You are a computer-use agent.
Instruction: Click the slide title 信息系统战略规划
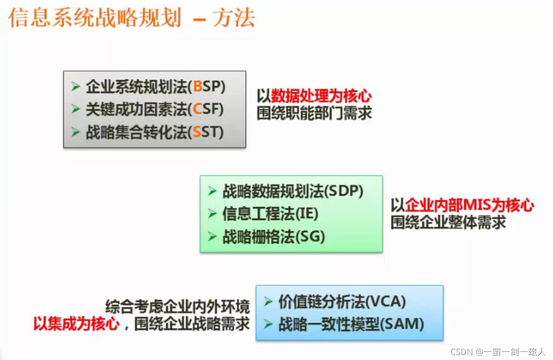point(94,18)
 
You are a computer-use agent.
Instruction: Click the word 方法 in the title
point(234,18)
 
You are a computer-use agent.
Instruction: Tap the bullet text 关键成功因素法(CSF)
point(154,109)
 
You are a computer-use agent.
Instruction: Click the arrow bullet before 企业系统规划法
point(76,86)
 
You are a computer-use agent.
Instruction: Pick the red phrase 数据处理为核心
point(321,96)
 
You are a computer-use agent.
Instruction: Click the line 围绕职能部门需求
point(315,113)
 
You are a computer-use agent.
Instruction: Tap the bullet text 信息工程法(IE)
point(270,214)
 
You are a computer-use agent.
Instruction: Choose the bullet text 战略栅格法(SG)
point(274,237)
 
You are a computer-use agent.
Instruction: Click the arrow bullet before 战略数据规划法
point(212,191)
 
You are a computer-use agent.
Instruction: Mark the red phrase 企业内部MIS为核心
point(470,206)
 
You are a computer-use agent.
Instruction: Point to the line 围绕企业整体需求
point(448,222)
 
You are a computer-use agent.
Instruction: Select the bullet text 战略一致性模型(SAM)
point(351,324)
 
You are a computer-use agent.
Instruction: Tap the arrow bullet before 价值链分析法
point(268,301)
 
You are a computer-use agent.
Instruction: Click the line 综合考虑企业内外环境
point(177,307)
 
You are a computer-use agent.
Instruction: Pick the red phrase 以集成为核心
point(76,324)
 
